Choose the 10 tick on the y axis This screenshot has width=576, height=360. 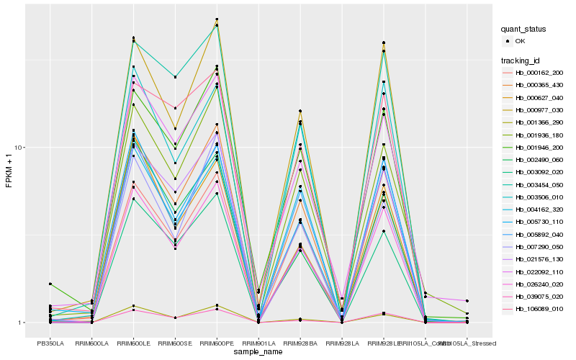(21, 148)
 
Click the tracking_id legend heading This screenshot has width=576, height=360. (521, 60)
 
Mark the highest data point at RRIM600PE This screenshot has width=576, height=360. (217, 19)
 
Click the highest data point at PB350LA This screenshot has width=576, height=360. (50, 284)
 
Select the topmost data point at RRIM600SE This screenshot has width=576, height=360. (175, 76)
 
